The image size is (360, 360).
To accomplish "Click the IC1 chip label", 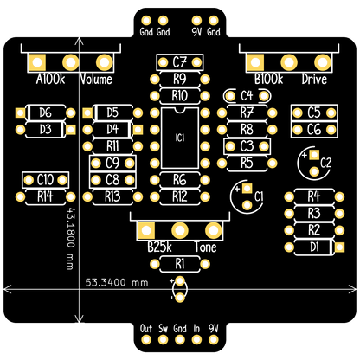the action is coord(180,138).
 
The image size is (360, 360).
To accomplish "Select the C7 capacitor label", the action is coord(180,62).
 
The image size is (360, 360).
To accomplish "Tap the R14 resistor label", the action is coord(45,196).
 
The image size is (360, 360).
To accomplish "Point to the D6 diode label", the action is coord(45,112).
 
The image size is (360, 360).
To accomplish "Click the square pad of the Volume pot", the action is coord(37,62).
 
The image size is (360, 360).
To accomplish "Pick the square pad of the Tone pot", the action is coord(146,230).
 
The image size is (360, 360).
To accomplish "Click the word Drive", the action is coord(314,79).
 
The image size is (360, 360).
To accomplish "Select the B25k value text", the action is coord(159,247).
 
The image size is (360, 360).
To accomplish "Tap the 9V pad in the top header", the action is coord(196,21).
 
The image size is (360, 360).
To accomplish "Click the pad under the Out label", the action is coord(146,339).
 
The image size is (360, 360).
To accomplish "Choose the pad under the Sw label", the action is coord(163,339).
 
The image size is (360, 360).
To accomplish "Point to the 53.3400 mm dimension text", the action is coord(117,282).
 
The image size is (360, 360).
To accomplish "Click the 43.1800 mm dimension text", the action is coord(71,238).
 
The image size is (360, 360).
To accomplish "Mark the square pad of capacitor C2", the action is coord(314,155).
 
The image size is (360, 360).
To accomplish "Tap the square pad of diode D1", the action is coord(339,247).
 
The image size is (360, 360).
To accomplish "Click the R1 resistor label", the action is coord(180,264).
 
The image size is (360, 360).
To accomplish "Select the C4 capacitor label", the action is coord(247,96).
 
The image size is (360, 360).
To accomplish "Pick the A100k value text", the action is coord(50,79).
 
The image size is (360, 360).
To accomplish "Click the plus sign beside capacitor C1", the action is coord(237,189).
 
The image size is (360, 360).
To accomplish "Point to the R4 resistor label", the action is coord(314,196).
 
